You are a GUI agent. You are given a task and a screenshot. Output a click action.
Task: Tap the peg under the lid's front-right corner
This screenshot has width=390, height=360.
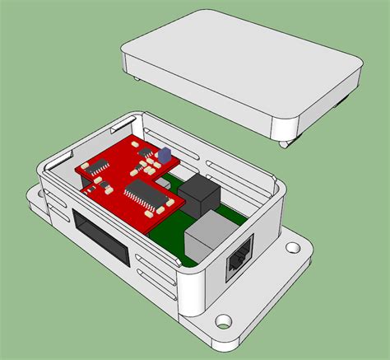pyautogui.click(x=284, y=145)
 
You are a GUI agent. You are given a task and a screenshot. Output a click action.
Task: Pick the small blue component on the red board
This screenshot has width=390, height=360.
pyautogui.click(x=163, y=153)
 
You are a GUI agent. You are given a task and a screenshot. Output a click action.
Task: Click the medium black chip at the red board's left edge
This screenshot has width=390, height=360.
pyautogui.click(x=100, y=167)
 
